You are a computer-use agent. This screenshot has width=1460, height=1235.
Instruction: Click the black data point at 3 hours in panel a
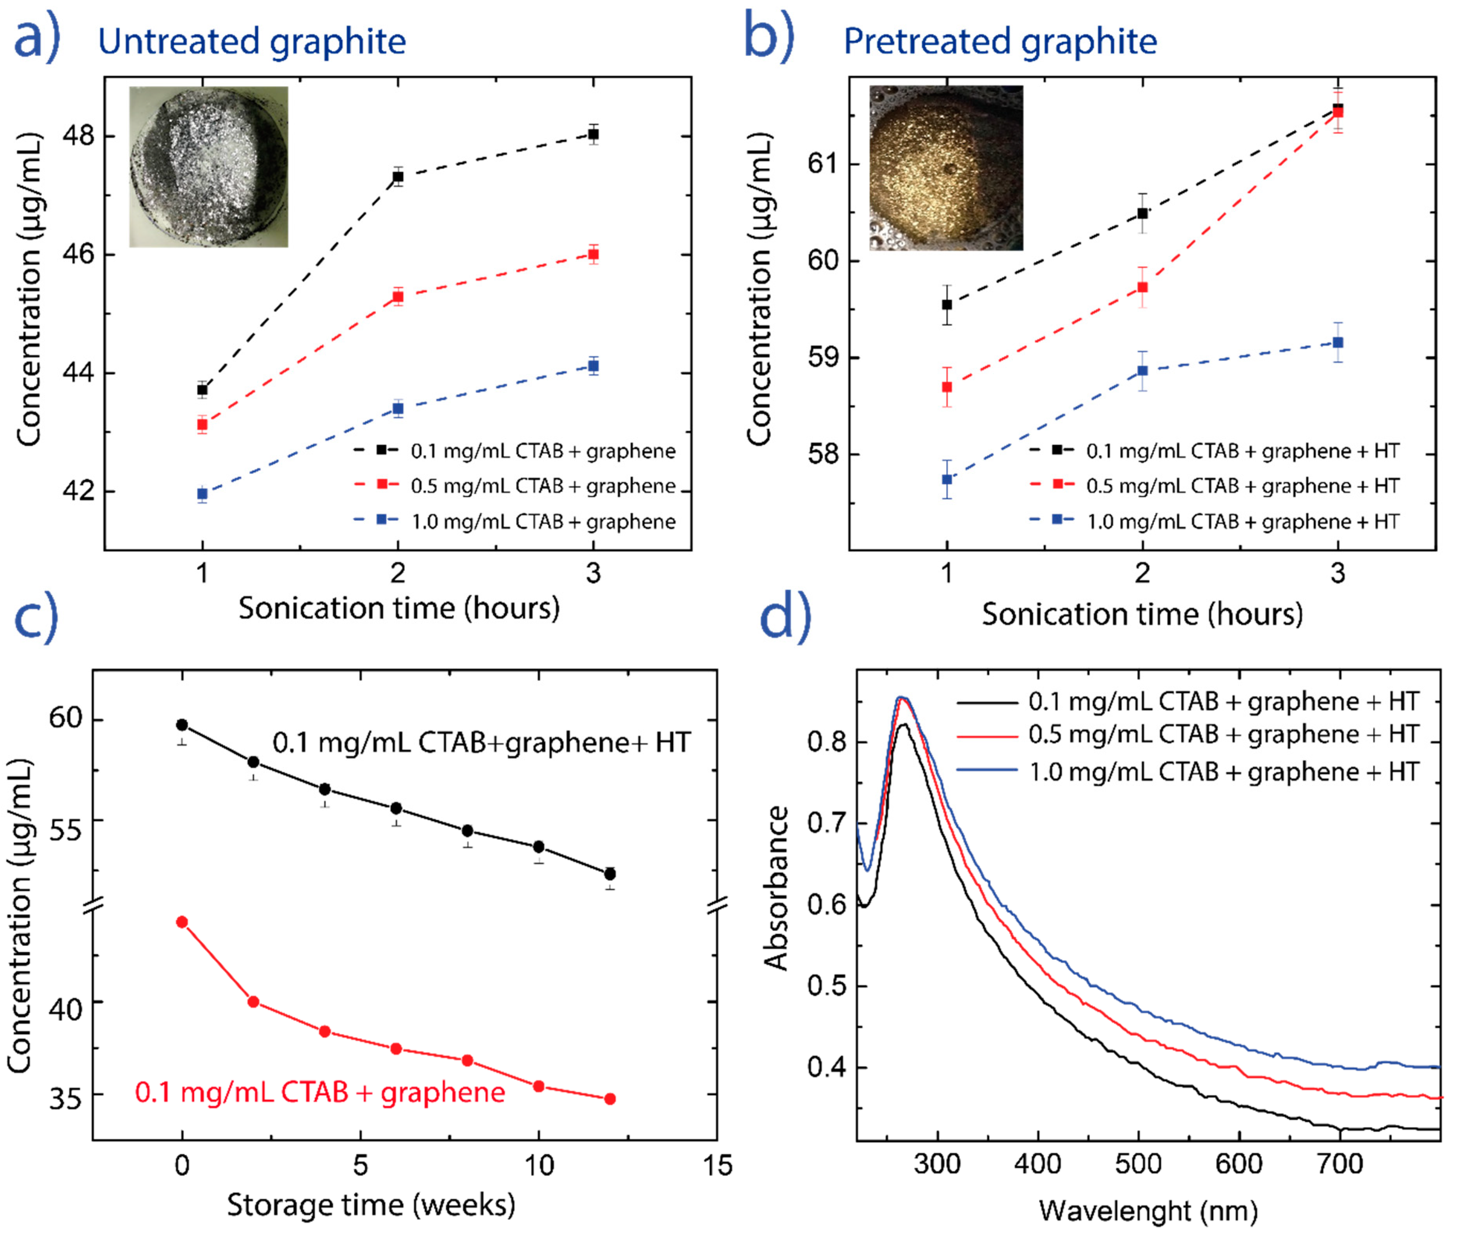(593, 134)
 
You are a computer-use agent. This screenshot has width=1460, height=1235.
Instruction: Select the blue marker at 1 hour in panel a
(202, 494)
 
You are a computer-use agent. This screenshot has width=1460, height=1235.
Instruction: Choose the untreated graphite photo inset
(209, 167)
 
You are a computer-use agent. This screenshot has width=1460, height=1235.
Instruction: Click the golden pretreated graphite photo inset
(946, 168)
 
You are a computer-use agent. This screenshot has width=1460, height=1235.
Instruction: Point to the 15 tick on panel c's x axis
(717, 1165)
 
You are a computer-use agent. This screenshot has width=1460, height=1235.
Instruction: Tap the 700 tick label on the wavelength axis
(1339, 1164)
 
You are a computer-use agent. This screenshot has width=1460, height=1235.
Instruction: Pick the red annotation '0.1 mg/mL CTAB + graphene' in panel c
(320, 1092)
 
